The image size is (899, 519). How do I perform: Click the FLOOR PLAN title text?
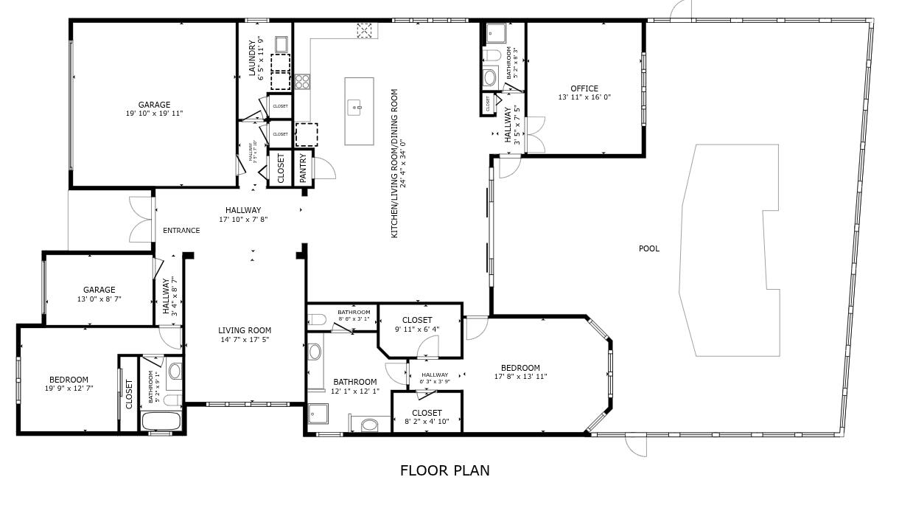point(444,470)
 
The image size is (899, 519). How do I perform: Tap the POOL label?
point(648,248)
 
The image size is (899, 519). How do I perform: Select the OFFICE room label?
point(584,88)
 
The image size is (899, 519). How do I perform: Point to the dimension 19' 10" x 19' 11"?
point(154,114)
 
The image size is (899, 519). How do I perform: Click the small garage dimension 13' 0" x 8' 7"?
point(99,299)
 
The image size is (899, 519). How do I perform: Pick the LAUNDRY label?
point(252,58)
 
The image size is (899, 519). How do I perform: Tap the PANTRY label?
point(303,168)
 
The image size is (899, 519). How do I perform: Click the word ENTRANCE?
point(181,230)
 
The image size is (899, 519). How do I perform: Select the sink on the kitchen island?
point(357,108)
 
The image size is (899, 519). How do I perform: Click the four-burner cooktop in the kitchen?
point(302,82)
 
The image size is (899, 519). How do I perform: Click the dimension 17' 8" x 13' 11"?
point(520,377)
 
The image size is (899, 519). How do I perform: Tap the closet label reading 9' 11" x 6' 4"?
point(417,329)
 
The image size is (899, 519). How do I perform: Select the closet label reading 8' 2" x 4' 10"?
point(427,422)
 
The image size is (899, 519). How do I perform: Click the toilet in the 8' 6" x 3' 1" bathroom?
point(317,319)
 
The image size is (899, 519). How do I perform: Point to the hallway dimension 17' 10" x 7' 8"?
point(243,220)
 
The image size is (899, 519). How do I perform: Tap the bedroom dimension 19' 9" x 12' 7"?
point(69,389)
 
